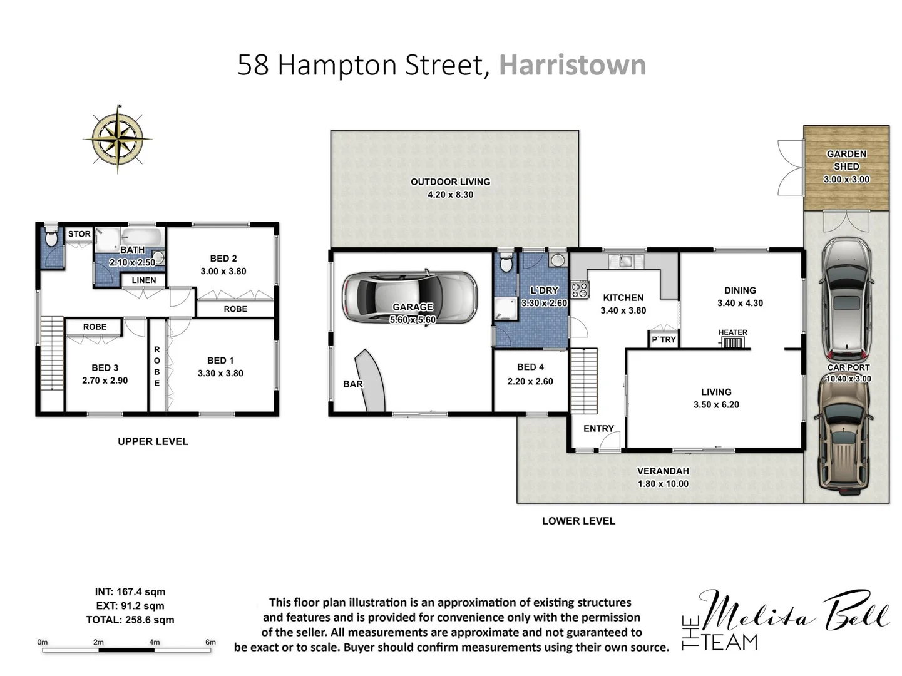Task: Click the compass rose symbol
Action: click(118, 138)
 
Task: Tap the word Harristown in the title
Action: click(572, 65)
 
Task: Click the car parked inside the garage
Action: click(410, 297)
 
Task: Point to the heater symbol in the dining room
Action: click(732, 342)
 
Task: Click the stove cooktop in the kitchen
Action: click(579, 289)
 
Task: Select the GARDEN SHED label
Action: click(846, 160)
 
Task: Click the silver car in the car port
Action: click(846, 297)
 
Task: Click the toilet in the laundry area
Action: click(506, 263)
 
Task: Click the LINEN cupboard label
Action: click(144, 280)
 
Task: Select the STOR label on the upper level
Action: click(79, 234)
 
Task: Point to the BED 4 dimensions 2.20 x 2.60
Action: click(530, 381)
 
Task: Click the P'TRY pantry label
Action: click(664, 339)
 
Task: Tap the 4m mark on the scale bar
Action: click(155, 642)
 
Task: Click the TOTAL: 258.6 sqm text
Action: click(130, 620)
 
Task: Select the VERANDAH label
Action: click(663, 471)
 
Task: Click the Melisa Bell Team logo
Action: click(785, 620)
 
